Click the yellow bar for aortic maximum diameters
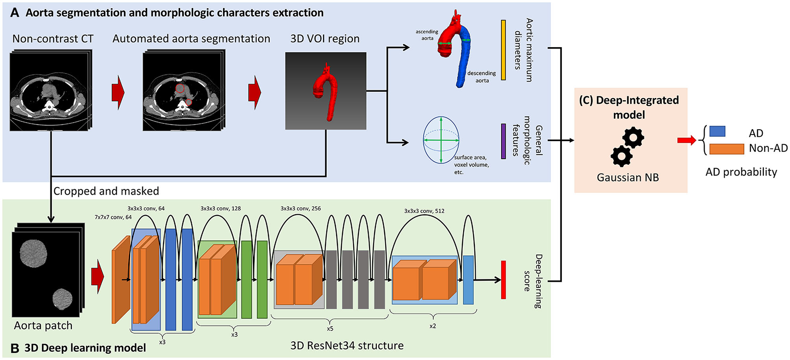(503, 50)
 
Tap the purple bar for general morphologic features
(503, 141)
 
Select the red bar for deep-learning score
(503, 280)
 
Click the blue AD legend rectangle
(717, 131)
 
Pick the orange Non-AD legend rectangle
(726, 149)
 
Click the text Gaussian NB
(627, 177)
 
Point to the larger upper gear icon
(633, 138)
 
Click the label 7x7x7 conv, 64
(113, 217)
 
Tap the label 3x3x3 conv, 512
(424, 211)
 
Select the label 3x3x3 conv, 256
(300, 208)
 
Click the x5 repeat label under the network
(329, 329)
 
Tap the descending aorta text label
(481, 77)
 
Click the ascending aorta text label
(427, 35)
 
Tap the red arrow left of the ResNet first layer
(97, 277)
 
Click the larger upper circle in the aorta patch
(33, 253)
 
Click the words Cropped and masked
(106, 191)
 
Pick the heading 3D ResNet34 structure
(347, 345)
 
